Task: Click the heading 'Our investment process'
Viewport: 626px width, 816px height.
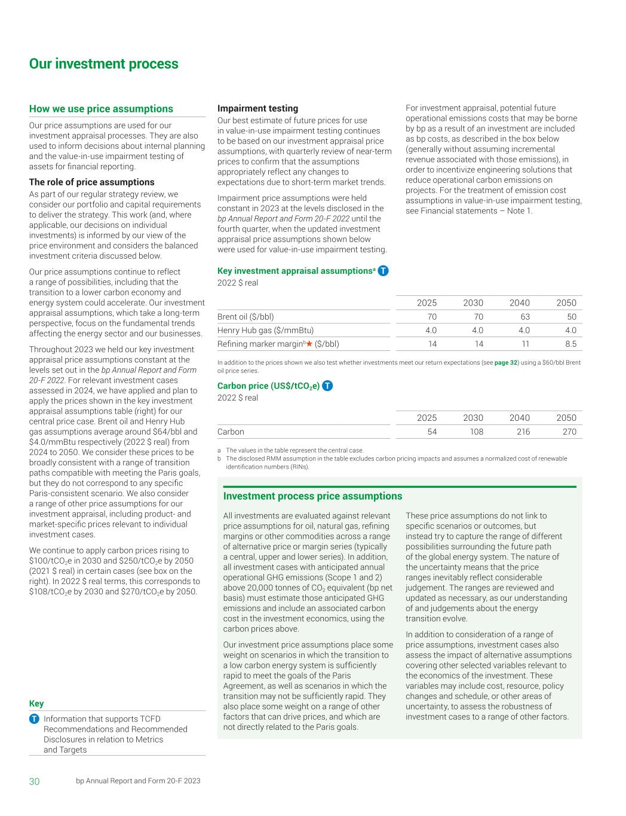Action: click(x=103, y=64)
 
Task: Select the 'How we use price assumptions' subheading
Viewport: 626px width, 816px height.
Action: click(x=101, y=109)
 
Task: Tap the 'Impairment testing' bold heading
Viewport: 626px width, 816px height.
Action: click(x=257, y=108)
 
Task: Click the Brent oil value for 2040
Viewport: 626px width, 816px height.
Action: click(x=525, y=317)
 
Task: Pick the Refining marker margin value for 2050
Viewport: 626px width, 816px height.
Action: click(x=570, y=344)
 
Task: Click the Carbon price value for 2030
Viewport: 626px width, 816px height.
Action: click(x=476, y=432)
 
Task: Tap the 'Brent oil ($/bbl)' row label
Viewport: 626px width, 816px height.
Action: click(x=246, y=317)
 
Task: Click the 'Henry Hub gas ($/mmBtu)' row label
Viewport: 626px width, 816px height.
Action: click(x=265, y=330)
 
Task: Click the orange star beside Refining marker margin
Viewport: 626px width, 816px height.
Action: click(x=309, y=344)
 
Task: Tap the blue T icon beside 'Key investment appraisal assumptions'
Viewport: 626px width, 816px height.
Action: click(x=383, y=271)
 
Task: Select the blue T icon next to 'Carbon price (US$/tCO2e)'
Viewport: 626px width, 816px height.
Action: click(x=327, y=386)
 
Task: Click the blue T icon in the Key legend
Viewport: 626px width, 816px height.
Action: click(x=35, y=719)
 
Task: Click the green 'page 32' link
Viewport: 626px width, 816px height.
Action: click(x=505, y=363)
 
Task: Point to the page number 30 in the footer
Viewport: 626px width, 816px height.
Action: click(x=35, y=781)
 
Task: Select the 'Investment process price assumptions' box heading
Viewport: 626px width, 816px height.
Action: click(x=312, y=496)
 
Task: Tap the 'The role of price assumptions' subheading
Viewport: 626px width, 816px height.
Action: click(x=91, y=182)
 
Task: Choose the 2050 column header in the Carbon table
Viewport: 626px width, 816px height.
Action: click(x=566, y=418)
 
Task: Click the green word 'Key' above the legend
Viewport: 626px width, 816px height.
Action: click(x=36, y=704)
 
